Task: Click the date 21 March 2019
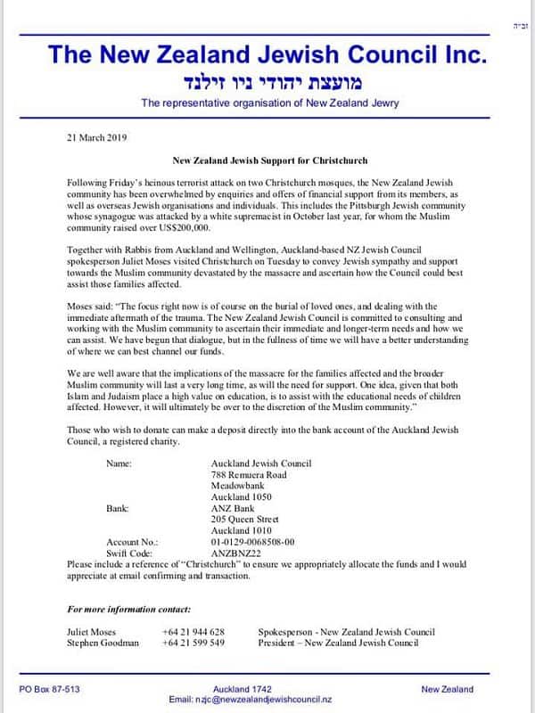(97, 137)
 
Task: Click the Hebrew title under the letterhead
(268, 82)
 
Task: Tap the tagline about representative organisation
(269, 103)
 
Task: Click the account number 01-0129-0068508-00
(252, 541)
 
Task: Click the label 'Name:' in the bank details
(119, 463)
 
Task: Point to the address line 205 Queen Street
(244, 519)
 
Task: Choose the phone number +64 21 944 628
(193, 631)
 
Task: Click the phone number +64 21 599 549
(193, 642)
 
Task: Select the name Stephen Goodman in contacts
(103, 642)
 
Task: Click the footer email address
(268, 700)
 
